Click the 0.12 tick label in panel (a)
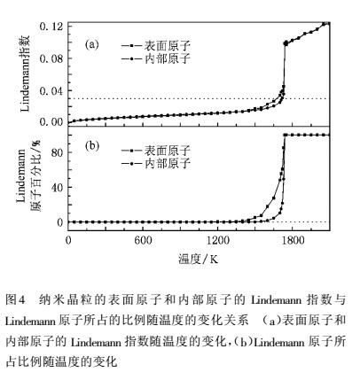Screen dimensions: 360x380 pos(51,27)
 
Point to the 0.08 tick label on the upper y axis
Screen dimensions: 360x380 pos(51,58)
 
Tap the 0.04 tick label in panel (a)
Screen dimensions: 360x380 pos(51,91)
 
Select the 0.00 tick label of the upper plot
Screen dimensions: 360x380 pos(51,122)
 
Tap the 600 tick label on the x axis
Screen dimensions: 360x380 pos(143,240)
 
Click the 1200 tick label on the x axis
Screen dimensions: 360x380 pos(217,240)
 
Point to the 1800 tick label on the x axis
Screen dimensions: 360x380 pos(293,240)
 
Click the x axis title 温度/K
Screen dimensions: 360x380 pos(199,259)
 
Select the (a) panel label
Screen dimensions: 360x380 pos(91,44)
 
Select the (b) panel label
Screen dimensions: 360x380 pos(91,146)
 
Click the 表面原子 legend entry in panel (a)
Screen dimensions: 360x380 pos(156,46)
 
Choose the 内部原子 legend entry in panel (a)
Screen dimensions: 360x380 pos(156,58)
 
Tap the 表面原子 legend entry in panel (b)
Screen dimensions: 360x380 pos(156,151)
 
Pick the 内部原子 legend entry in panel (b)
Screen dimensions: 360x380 pos(156,163)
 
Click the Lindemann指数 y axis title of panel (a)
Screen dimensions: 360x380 pos(25,74)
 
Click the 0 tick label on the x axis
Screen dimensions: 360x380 pos(68,240)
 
